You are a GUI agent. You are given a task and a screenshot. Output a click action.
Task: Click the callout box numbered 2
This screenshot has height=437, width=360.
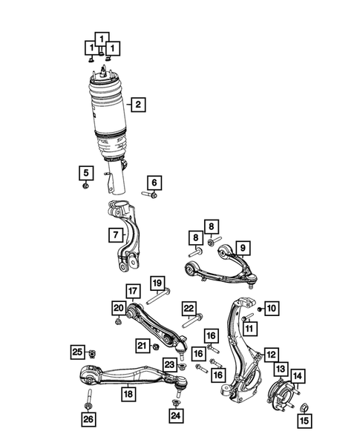137,105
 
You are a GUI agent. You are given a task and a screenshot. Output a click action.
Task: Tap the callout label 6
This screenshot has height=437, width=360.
154,183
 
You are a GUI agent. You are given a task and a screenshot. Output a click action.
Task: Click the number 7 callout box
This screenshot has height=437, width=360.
115,235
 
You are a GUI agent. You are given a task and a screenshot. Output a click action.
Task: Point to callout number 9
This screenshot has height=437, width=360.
241,248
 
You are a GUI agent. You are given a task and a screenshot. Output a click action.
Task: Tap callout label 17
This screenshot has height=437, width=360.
132,291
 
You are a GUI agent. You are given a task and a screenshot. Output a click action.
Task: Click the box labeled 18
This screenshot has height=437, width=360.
128,394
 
